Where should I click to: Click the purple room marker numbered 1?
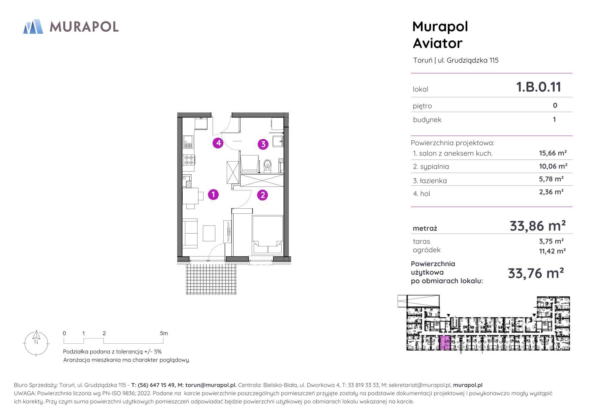point(213,195)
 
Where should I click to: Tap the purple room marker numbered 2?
point(262,195)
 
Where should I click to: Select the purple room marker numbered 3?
point(263,144)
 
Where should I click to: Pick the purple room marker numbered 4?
point(218,143)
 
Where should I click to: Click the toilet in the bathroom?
point(268,166)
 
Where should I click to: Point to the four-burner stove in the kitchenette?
point(189,160)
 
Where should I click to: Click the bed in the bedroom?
point(268,235)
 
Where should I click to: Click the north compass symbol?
point(36,343)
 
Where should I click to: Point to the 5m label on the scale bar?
point(164,334)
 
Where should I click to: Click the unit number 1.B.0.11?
point(539,87)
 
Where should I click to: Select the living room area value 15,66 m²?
point(553,153)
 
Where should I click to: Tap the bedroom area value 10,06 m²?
point(553,166)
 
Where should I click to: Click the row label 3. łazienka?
point(430,181)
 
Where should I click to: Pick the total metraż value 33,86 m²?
point(537,225)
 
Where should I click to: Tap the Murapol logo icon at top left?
point(33,27)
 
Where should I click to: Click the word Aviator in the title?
point(438,43)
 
